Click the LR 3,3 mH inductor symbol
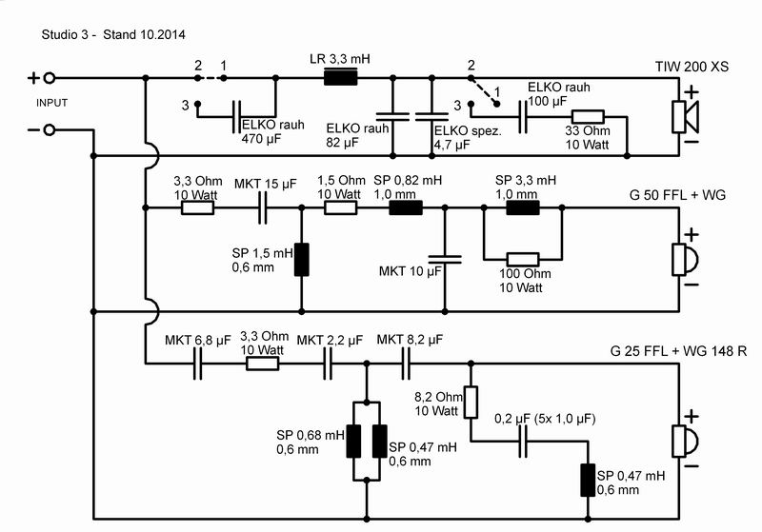(x=340, y=78)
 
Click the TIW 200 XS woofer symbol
(x=684, y=116)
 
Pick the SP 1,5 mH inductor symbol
(x=302, y=259)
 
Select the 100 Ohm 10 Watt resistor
(x=523, y=258)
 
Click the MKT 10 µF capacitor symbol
(x=445, y=256)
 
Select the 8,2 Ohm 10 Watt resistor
(x=470, y=402)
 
